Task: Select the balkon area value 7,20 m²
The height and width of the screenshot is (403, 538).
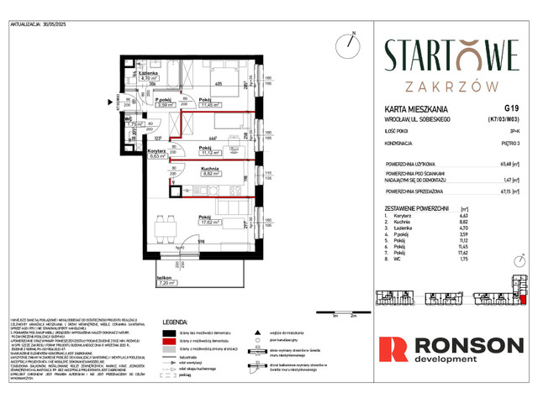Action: coord(168,285)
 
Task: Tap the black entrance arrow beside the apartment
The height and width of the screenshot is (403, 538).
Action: coord(108,105)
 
